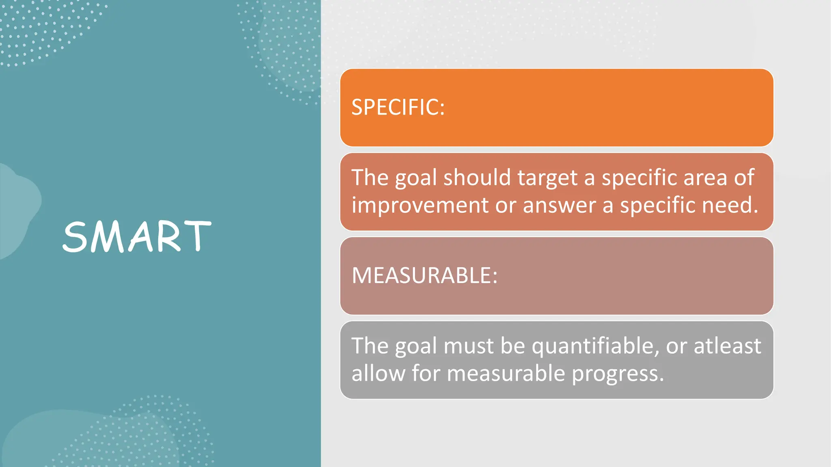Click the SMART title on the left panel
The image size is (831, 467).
click(137, 237)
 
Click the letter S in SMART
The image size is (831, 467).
click(76, 237)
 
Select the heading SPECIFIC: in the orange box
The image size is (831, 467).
click(398, 107)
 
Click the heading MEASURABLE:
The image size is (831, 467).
click(424, 276)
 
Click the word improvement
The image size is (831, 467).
click(420, 205)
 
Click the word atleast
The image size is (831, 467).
click(727, 346)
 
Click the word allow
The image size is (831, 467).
click(378, 373)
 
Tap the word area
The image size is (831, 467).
click(705, 178)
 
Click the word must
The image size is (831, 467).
click(468, 347)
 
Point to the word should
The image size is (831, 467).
click(477, 178)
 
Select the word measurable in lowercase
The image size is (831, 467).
click(506, 373)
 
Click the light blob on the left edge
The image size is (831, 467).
click(16, 211)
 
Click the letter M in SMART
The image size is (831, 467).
click(106, 237)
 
